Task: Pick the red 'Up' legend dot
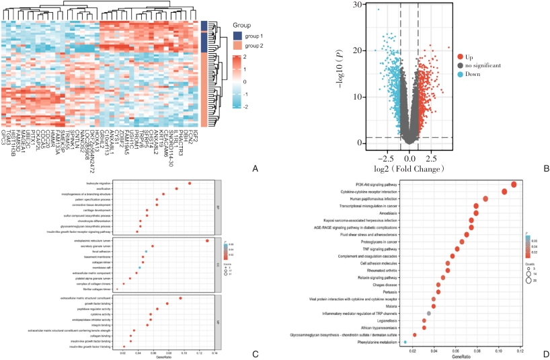[x=461, y=58]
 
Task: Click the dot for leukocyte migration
[x=190, y=183]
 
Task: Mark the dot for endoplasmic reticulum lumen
[x=207, y=240]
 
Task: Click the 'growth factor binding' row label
[x=94, y=303]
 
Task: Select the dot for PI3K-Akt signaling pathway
[x=514, y=184]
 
